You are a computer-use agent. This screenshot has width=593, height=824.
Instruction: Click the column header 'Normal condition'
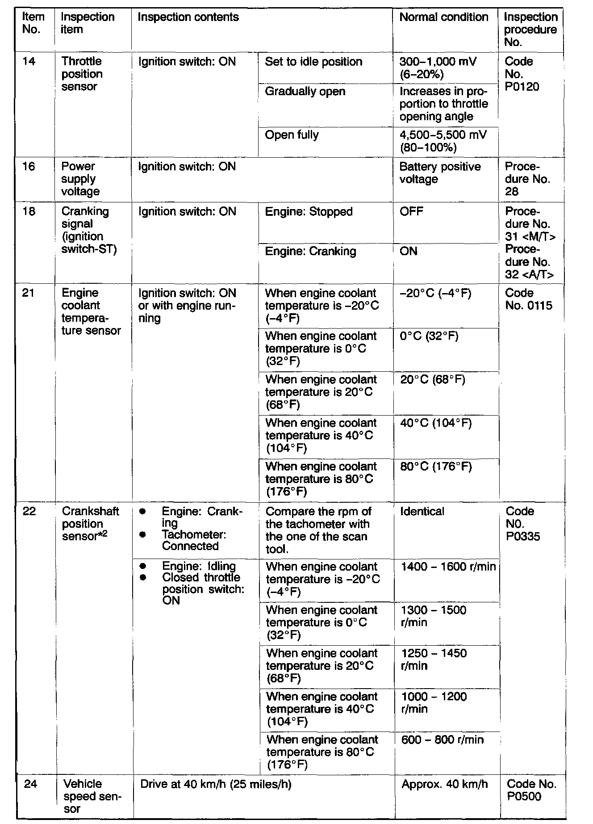443,17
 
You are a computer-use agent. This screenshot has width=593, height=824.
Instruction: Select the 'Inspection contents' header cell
188,17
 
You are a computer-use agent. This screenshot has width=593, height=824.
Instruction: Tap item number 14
29,61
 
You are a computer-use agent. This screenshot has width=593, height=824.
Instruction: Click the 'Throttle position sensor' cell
82,74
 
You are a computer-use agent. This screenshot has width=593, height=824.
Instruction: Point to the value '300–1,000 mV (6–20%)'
437,68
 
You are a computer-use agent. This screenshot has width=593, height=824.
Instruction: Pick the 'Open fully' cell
292,135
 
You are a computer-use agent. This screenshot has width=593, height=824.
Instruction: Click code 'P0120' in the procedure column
522,87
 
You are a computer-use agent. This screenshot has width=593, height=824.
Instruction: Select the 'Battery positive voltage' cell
440,173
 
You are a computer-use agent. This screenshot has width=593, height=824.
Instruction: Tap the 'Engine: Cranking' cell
310,251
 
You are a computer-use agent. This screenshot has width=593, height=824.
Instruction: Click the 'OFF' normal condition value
411,211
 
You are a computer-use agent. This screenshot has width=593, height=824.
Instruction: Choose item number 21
28,293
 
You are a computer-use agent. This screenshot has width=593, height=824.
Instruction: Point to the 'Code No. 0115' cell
528,299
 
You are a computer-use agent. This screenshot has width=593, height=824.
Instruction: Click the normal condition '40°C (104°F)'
435,423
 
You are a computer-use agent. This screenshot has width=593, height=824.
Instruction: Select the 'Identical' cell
422,511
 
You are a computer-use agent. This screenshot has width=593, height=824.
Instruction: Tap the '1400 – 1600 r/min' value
448,567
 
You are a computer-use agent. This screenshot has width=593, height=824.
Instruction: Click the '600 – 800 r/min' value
442,740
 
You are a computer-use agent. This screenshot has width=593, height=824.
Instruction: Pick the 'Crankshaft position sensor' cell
90,524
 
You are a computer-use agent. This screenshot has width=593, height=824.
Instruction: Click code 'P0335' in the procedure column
523,536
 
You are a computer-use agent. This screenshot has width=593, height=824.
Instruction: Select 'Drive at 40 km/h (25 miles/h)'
215,784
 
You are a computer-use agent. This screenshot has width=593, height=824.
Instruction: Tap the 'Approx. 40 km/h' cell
444,784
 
